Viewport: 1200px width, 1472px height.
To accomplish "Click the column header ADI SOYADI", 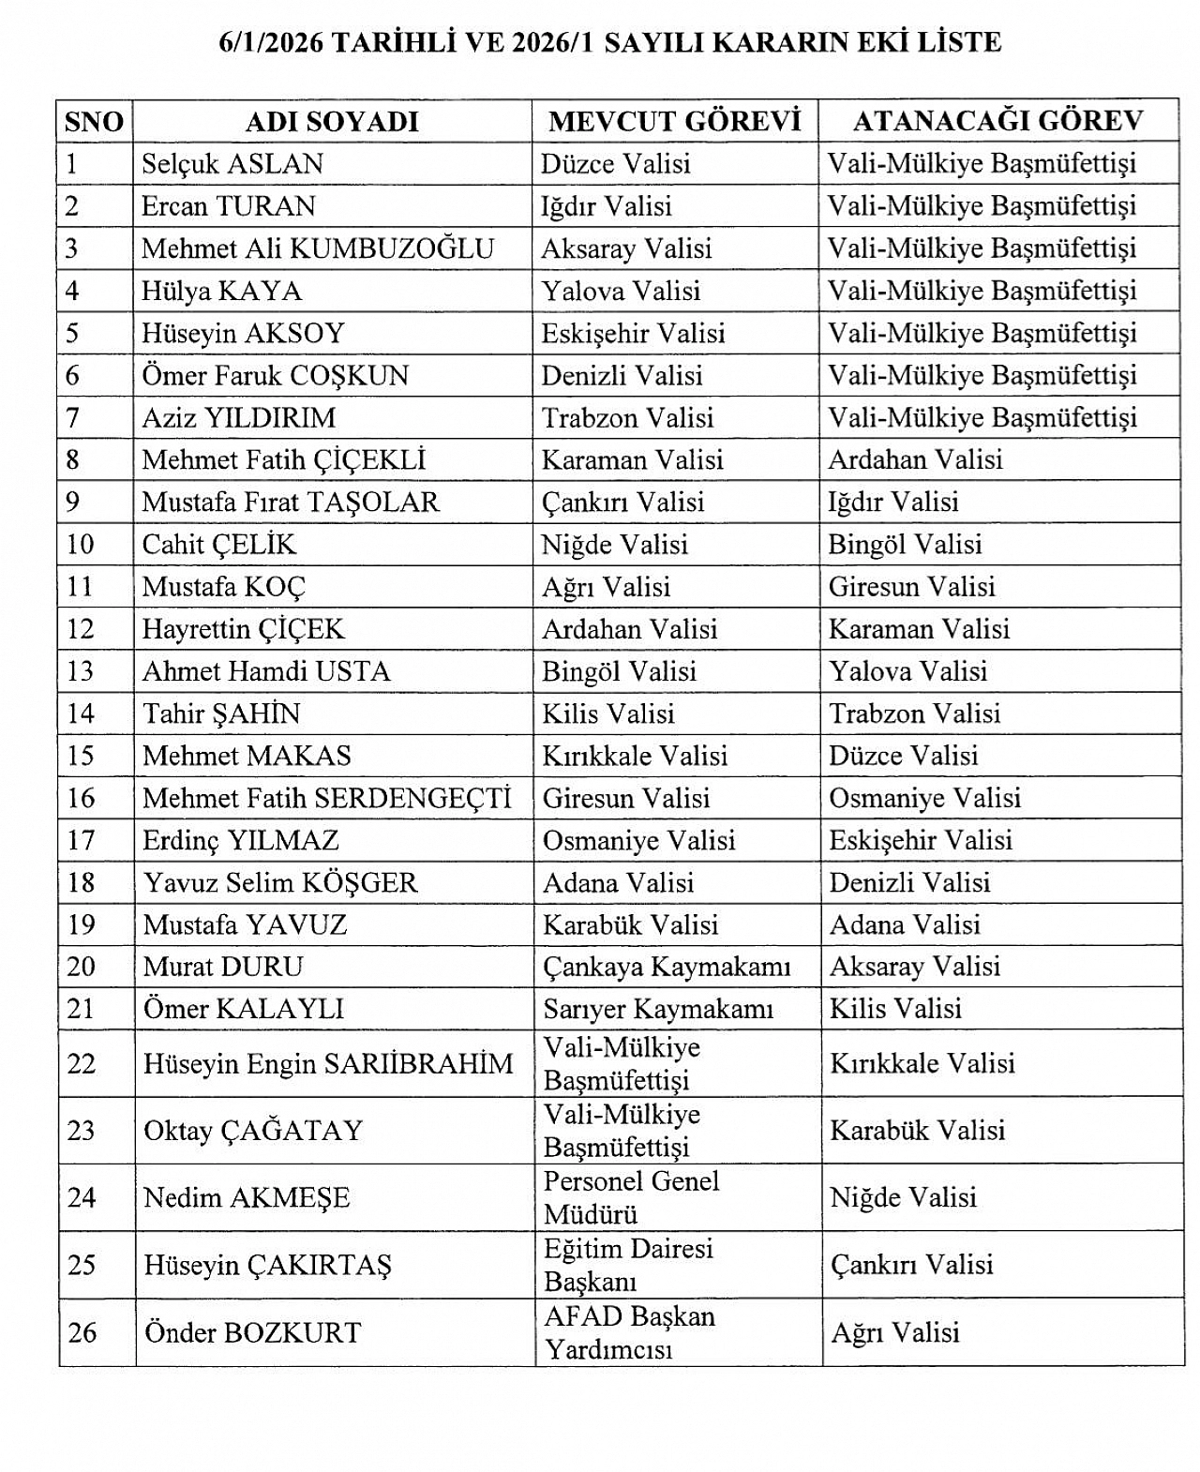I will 331,122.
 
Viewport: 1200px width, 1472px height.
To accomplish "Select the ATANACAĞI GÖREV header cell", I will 997,121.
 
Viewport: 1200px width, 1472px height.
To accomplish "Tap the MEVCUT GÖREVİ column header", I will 674,122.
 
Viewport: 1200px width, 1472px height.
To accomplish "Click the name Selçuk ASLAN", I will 232,164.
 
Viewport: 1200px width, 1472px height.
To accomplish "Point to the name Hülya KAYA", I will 221,291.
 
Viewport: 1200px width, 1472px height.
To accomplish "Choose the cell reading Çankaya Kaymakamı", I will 666,967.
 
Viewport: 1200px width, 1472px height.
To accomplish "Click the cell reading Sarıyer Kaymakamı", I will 657,1009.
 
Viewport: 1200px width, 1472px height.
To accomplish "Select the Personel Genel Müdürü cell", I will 631,1197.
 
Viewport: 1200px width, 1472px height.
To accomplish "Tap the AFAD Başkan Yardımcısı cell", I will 628,1332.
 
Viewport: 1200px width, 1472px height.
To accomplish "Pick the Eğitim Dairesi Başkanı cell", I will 628,1265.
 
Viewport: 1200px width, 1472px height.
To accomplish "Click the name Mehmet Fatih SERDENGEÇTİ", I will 326,798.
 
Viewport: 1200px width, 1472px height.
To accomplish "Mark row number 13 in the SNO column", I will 81,671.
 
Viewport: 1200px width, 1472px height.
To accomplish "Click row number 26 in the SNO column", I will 82,1332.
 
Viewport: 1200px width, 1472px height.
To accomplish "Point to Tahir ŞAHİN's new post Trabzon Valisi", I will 914,713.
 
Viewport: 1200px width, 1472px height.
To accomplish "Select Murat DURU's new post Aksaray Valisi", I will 914,967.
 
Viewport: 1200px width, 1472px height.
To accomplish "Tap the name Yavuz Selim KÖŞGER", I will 279,882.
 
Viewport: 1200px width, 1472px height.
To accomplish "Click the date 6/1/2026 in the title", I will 262,43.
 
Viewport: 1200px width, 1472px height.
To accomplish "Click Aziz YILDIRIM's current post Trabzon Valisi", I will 627,417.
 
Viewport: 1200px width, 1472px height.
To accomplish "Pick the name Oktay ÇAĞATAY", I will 252,1131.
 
